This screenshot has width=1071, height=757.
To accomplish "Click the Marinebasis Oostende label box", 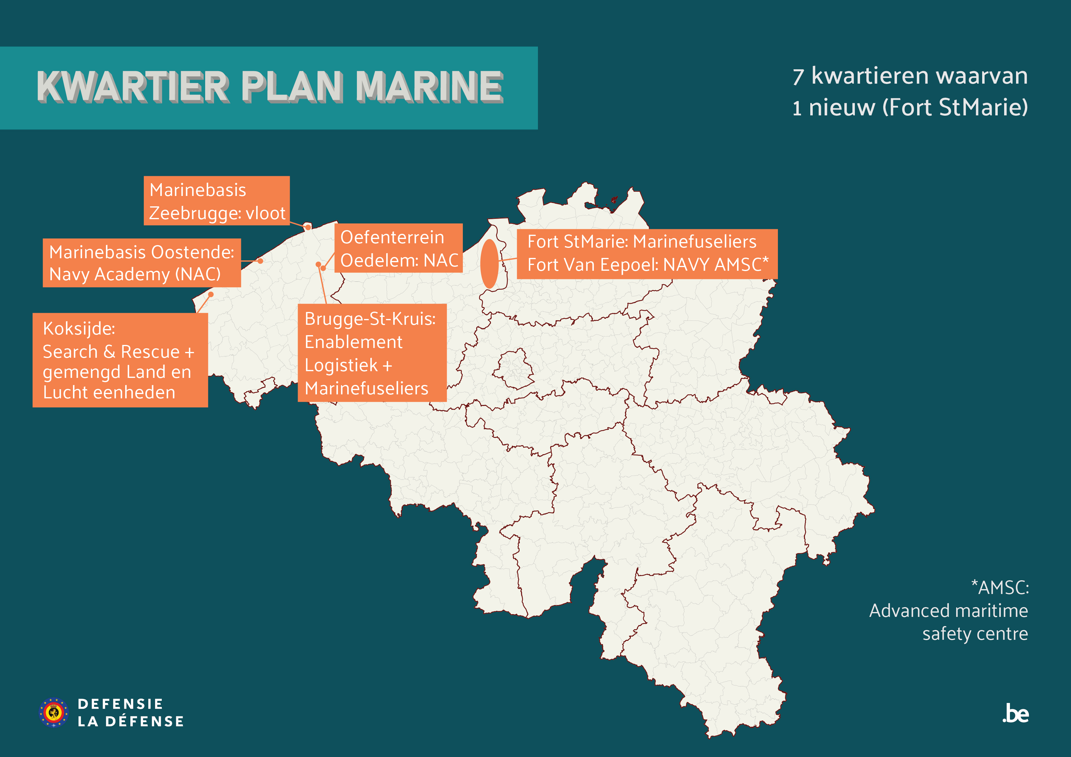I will (142, 263).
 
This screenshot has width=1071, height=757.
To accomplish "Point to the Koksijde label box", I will (120, 360).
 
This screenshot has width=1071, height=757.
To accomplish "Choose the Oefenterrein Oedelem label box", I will (398, 248).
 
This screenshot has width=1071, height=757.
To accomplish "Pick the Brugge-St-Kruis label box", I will (372, 353).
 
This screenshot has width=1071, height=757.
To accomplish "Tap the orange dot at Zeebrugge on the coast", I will (307, 227).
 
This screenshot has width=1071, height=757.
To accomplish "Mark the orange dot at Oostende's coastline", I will (260, 261).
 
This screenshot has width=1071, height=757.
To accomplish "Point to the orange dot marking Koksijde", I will (211, 294).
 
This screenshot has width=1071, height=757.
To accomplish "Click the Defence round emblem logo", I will (54, 712).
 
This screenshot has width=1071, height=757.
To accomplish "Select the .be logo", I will (1015, 714).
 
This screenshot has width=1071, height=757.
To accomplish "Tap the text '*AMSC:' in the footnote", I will (1000, 588).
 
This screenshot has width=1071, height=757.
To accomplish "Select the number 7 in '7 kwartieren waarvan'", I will (798, 77).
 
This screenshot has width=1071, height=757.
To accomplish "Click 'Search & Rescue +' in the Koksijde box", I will (118, 352).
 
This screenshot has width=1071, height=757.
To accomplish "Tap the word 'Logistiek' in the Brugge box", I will (341, 365).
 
